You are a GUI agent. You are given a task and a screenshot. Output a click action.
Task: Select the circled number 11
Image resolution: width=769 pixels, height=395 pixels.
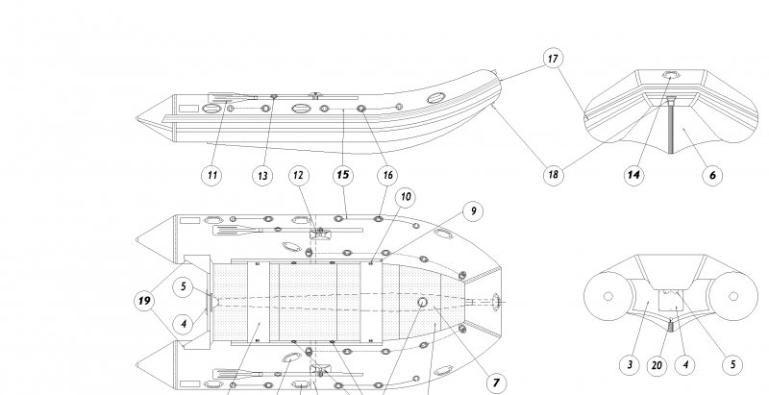click(x=212, y=175)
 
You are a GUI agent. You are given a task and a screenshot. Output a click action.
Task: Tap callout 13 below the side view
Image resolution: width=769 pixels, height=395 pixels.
click(x=261, y=175)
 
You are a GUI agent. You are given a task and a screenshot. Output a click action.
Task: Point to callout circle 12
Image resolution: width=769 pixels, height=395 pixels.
click(x=299, y=175)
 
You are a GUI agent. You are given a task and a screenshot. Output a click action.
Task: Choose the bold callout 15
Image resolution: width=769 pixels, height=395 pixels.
click(x=342, y=175)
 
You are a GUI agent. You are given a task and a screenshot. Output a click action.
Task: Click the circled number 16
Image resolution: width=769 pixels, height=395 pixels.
click(x=387, y=175)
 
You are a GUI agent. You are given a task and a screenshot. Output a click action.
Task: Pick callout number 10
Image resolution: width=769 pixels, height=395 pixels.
click(x=406, y=197)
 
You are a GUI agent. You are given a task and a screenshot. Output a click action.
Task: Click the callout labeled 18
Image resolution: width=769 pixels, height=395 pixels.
click(x=553, y=175)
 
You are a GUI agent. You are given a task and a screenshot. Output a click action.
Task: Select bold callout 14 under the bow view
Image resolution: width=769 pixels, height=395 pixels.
click(x=633, y=175)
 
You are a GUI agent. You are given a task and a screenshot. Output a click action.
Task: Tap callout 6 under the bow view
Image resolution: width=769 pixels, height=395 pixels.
click(x=712, y=175)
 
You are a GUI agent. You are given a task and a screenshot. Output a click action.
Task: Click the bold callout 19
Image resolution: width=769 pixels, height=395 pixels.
click(x=145, y=301)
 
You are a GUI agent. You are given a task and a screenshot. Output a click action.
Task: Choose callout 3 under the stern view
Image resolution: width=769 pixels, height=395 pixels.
click(x=628, y=364)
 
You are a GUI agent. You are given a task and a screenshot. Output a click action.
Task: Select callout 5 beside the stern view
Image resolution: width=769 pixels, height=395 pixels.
click(x=732, y=364)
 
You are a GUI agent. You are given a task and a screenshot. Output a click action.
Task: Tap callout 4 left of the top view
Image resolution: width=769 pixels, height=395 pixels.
click(x=184, y=324)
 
